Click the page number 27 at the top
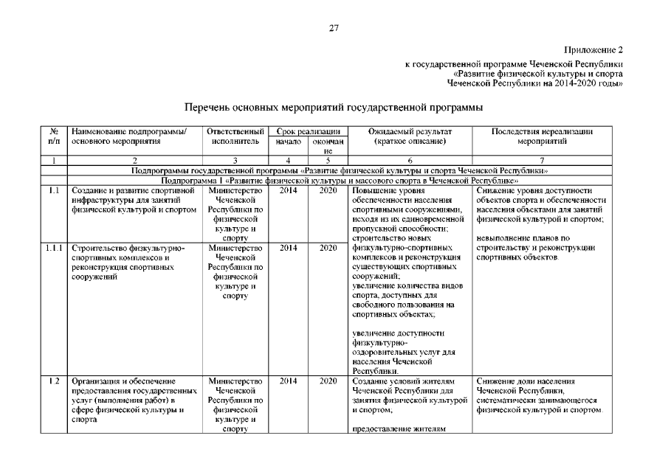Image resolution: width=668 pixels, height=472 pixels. pyautogui.click(x=334, y=28)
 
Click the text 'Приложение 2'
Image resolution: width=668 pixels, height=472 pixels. pyautogui.click(x=593, y=50)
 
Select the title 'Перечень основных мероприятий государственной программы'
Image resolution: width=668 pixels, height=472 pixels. pyautogui.click(x=334, y=107)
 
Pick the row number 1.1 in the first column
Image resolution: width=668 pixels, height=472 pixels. pyautogui.click(x=54, y=190)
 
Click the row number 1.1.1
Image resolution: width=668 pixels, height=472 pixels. pyautogui.click(x=54, y=249)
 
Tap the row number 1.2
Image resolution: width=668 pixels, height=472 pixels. pyautogui.click(x=54, y=381)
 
